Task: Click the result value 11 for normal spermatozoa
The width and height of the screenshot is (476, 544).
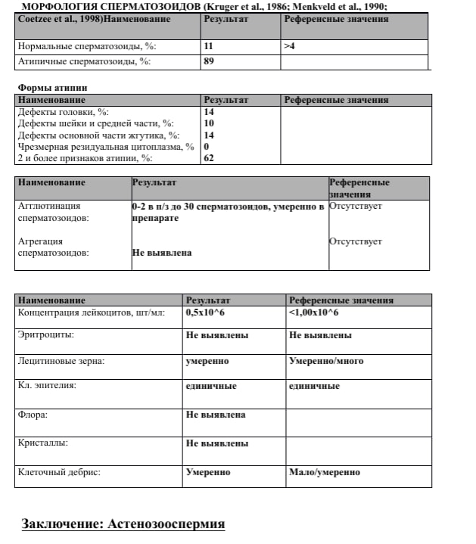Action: pos(208,47)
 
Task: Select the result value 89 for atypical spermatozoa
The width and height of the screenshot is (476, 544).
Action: pos(208,62)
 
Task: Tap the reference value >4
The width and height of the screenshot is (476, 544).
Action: pos(289,47)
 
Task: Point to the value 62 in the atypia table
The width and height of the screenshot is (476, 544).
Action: pos(209,159)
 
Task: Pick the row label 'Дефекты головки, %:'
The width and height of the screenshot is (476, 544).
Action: pos(64,112)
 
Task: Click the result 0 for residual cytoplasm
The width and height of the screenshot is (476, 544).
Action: pos(207,147)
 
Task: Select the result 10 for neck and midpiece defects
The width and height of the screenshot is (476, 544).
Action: pos(209,123)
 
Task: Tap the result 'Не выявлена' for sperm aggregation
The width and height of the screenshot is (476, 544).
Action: pos(161,253)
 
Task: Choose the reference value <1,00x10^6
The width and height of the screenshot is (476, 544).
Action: pos(313,312)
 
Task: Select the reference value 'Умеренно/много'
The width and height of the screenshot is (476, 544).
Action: pos(325,361)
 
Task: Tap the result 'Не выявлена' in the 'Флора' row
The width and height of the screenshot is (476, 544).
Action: pos(216,415)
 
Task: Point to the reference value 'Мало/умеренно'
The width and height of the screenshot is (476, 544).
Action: pos(324,472)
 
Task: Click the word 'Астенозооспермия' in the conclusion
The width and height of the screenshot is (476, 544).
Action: pos(166,524)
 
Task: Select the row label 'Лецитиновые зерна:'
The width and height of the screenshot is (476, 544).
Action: pos(61,361)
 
